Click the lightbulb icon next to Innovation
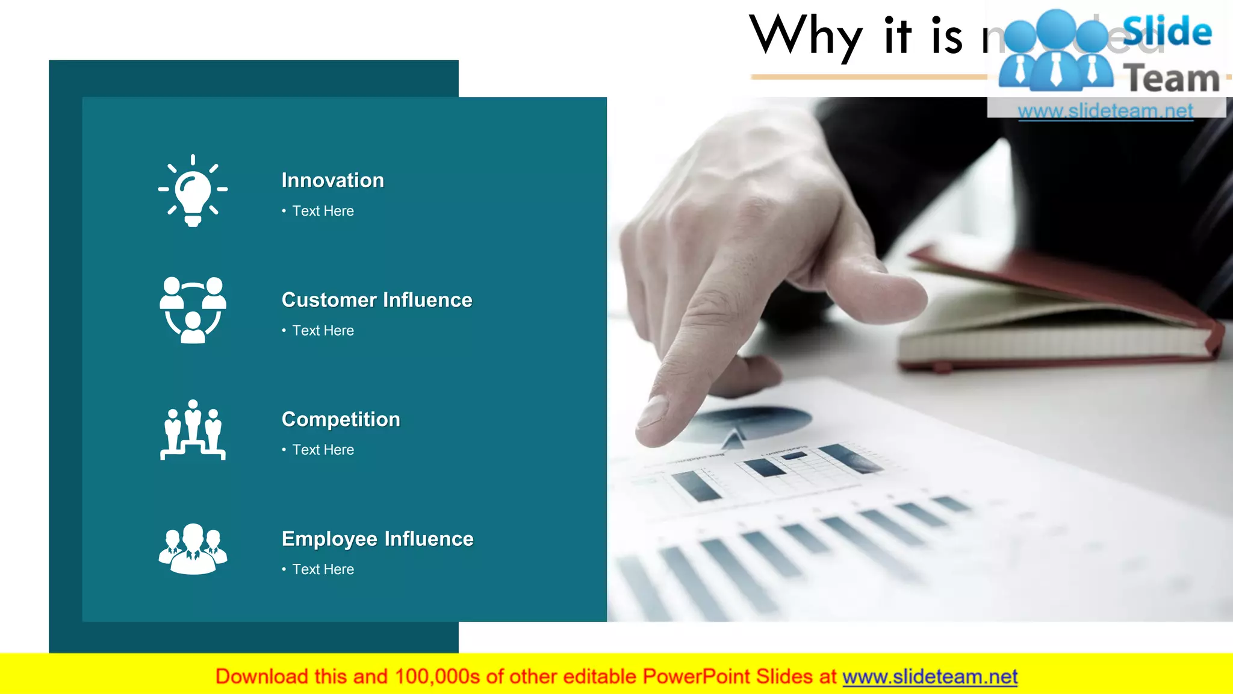(x=193, y=190)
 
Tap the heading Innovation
(x=332, y=180)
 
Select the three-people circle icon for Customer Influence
(x=193, y=310)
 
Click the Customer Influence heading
(x=377, y=300)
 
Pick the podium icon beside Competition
(x=193, y=430)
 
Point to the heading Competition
(x=341, y=419)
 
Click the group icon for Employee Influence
(x=193, y=549)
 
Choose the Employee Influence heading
(x=377, y=539)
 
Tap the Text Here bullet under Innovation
(x=323, y=211)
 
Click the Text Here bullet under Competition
(x=323, y=450)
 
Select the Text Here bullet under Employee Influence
(x=323, y=569)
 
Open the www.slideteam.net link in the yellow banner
(x=930, y=677)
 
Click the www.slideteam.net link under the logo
(x=1105, y=111)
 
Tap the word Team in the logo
(x=1171, y=79)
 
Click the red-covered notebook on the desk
(x=1060, y=313)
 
